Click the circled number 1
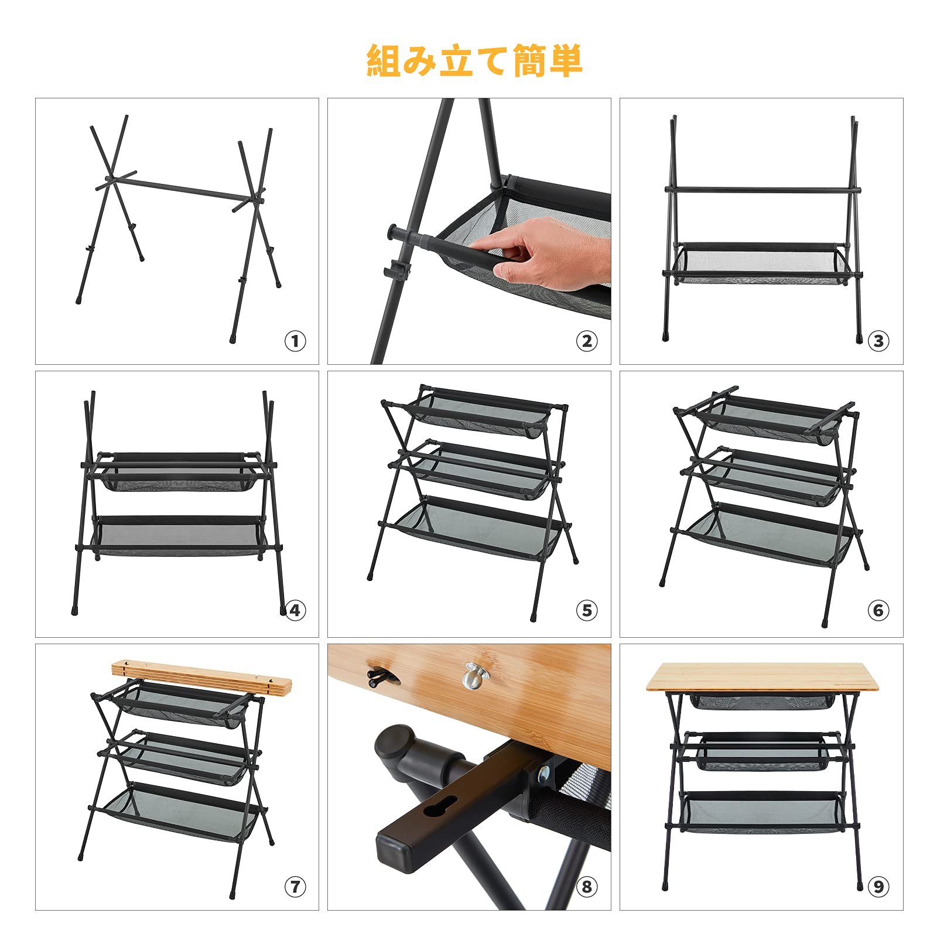(x=295, y=341)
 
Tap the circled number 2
(x=587, y=341)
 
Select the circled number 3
(x=878, y=341)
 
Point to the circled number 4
(x=295, y=610)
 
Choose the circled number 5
(x=587, y=610)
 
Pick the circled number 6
(x=878, y=610)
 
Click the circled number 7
(x=295, y=887)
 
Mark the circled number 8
(x=587, y=887)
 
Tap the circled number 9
(x=878, y=887)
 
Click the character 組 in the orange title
(x=384, y=61)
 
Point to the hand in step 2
(x=545, y=255)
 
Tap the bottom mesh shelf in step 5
(x=474, y=527)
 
